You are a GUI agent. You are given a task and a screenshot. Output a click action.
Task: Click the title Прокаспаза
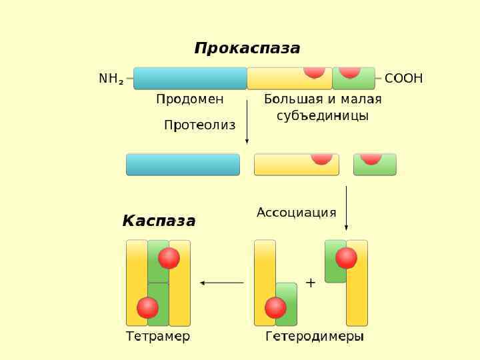tap(247, 49)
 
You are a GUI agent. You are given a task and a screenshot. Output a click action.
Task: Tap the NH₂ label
tap(111, 79)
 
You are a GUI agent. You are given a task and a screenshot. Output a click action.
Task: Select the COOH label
tap(403, 79)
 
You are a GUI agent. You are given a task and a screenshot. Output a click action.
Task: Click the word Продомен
tap(190, 99)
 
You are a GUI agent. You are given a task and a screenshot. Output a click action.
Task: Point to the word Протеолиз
tap(199, 125)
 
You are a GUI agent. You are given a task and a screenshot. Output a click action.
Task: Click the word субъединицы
tap(323, 116)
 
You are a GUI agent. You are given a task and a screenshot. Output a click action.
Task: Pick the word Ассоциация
tap(296, 213)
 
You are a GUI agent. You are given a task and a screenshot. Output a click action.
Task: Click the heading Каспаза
tap(159, 221)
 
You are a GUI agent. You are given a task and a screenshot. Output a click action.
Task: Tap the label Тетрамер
tap(158, 337)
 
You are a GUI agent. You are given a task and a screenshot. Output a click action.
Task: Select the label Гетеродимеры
tap(315, 337)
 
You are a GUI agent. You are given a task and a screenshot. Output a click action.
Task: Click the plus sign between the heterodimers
tap(310, 283)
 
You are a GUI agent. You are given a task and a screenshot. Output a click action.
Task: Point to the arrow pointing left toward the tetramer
tap(222, 283)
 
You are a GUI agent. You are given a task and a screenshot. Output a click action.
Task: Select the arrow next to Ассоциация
tap(346, 208)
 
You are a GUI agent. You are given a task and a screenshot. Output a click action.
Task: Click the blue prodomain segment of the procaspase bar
tap(190, 78)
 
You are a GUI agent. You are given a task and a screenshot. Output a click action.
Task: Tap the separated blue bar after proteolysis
tap(183, 165)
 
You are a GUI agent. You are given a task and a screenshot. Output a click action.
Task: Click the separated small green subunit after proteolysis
tap(375, 165)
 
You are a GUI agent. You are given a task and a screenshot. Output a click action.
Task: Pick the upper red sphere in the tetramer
tap(169, 258)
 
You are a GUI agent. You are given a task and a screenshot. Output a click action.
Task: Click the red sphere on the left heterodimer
tap(275, 307)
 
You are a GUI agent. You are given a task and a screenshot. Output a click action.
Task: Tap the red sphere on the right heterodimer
tap(346, 258)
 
